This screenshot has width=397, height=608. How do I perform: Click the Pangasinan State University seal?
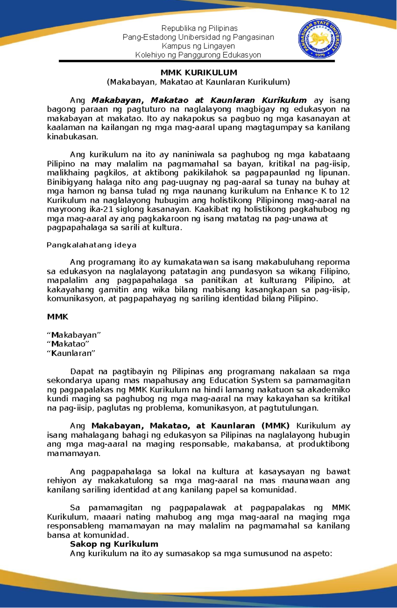[320, 39]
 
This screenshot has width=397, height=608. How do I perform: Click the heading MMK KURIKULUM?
[199, 73]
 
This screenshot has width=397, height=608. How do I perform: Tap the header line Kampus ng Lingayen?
[198, 46]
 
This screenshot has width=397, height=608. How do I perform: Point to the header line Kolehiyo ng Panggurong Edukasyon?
[198, 55]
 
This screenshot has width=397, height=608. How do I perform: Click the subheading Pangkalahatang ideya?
[91, 245]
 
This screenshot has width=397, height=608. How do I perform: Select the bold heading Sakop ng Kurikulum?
[114, 544]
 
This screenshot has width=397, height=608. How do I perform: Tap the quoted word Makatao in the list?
[68, 344]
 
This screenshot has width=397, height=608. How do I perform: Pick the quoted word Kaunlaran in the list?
[71, 353]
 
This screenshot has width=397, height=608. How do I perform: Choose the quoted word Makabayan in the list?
[74, 335]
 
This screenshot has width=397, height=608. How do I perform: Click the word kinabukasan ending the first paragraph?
[72, 137]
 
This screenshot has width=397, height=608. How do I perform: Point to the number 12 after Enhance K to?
[344, 191]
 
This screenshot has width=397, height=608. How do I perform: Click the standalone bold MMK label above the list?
[58, 317]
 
